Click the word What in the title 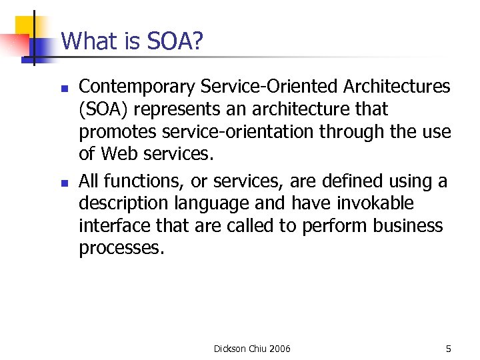87,41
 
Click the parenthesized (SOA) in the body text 102,109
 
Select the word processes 121,249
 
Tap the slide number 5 448,349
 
